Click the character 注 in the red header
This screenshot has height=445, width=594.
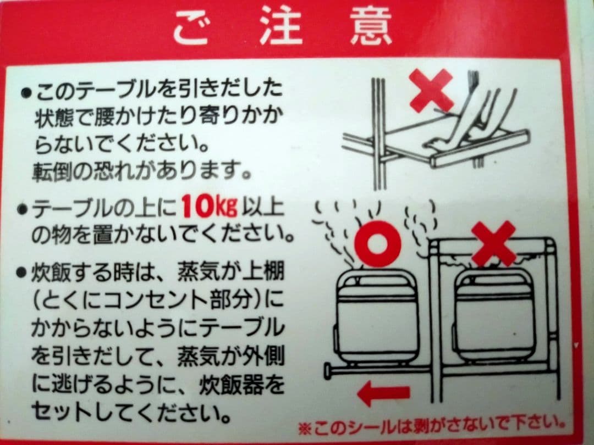[x=281, y=25]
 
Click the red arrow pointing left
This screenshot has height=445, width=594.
[x=383, y=393]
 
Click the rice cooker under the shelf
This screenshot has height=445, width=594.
[x=495, y=319]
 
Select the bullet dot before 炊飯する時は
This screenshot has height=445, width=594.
[x=22, y=271]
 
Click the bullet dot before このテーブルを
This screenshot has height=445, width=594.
[x=25, y=93]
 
